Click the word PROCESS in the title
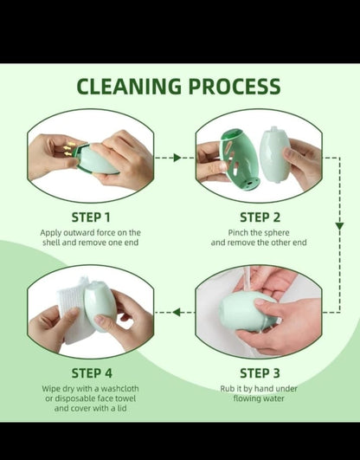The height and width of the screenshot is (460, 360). tap(233, 87)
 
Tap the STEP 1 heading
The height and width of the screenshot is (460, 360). tap(90, 217)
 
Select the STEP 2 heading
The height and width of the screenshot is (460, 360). tap(260, 217)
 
